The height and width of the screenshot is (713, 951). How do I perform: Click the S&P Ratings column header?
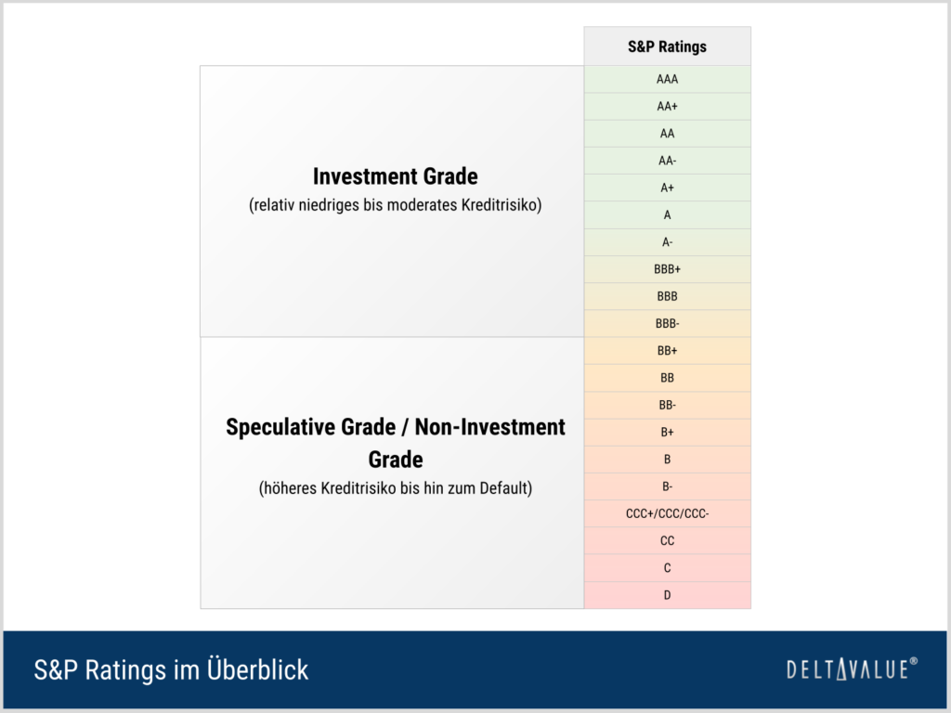pos(667,46)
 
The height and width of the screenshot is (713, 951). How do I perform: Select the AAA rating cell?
pos(667,79)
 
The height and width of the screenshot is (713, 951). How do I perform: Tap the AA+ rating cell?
pos(667,106)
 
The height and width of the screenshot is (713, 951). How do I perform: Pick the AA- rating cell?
pos(667,161)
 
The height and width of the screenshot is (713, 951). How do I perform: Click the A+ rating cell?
pos(667,188)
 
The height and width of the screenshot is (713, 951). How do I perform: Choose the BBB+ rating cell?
pos(667,269)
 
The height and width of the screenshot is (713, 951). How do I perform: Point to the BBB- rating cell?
pos(667,324)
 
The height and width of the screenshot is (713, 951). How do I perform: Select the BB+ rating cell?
pos(667,350)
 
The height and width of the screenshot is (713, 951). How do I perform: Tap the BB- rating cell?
pos(667,405)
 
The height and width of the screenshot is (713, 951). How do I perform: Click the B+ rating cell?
pos(667,433)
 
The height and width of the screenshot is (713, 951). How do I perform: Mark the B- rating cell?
pos(667,486)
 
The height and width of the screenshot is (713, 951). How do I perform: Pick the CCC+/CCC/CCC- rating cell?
pos(667,513)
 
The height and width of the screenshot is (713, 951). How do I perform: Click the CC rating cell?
pos(667,541)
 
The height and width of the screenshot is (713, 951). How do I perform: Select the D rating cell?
pos(667,595)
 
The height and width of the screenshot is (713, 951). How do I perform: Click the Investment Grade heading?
pos(396,176)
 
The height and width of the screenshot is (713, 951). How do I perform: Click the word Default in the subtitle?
pos(506,488)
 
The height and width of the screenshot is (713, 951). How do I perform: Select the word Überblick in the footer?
pos(258,669)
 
